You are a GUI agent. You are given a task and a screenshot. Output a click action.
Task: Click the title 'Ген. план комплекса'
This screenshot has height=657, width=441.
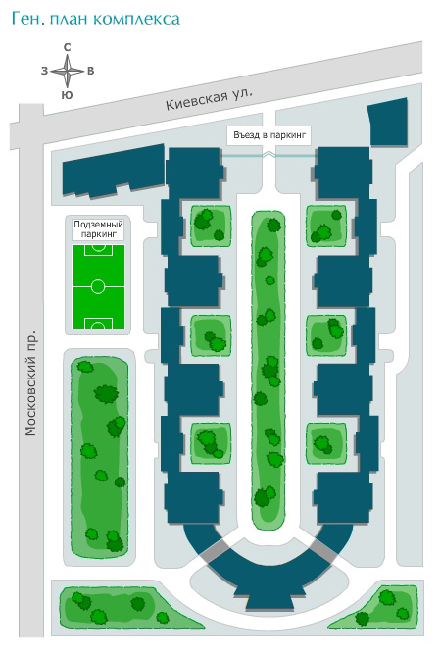click(96, 20)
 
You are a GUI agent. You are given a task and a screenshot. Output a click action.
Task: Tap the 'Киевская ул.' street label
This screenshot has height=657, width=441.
click(209, 99)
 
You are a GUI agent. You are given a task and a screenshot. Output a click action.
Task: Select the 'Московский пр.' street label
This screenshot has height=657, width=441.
click(30, 383)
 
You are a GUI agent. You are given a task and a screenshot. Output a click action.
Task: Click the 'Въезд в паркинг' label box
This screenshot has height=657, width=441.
click(269, 135)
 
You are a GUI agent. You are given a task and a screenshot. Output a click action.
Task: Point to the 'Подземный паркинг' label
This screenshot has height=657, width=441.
click(98, 229)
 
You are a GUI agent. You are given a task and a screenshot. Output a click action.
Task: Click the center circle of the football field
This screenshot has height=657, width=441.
click(98, 287)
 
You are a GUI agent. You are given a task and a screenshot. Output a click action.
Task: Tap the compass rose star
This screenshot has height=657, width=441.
click(67, 72)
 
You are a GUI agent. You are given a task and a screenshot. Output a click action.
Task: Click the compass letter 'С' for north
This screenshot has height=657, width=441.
click(67, 47)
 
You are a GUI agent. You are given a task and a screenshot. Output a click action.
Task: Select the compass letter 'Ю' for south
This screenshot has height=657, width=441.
click(67, 95)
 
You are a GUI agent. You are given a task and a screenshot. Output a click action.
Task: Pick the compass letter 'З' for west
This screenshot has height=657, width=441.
click(44, 71)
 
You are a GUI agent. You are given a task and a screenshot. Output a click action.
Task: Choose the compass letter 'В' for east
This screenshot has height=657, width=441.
click(90, 71)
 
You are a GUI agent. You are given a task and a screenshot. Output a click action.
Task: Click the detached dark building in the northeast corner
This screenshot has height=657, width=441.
click(388, 123)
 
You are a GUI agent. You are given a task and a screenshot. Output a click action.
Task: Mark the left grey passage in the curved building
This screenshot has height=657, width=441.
click(215, 551)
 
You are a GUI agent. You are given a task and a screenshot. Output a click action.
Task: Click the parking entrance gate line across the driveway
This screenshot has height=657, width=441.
click(269, 156)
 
